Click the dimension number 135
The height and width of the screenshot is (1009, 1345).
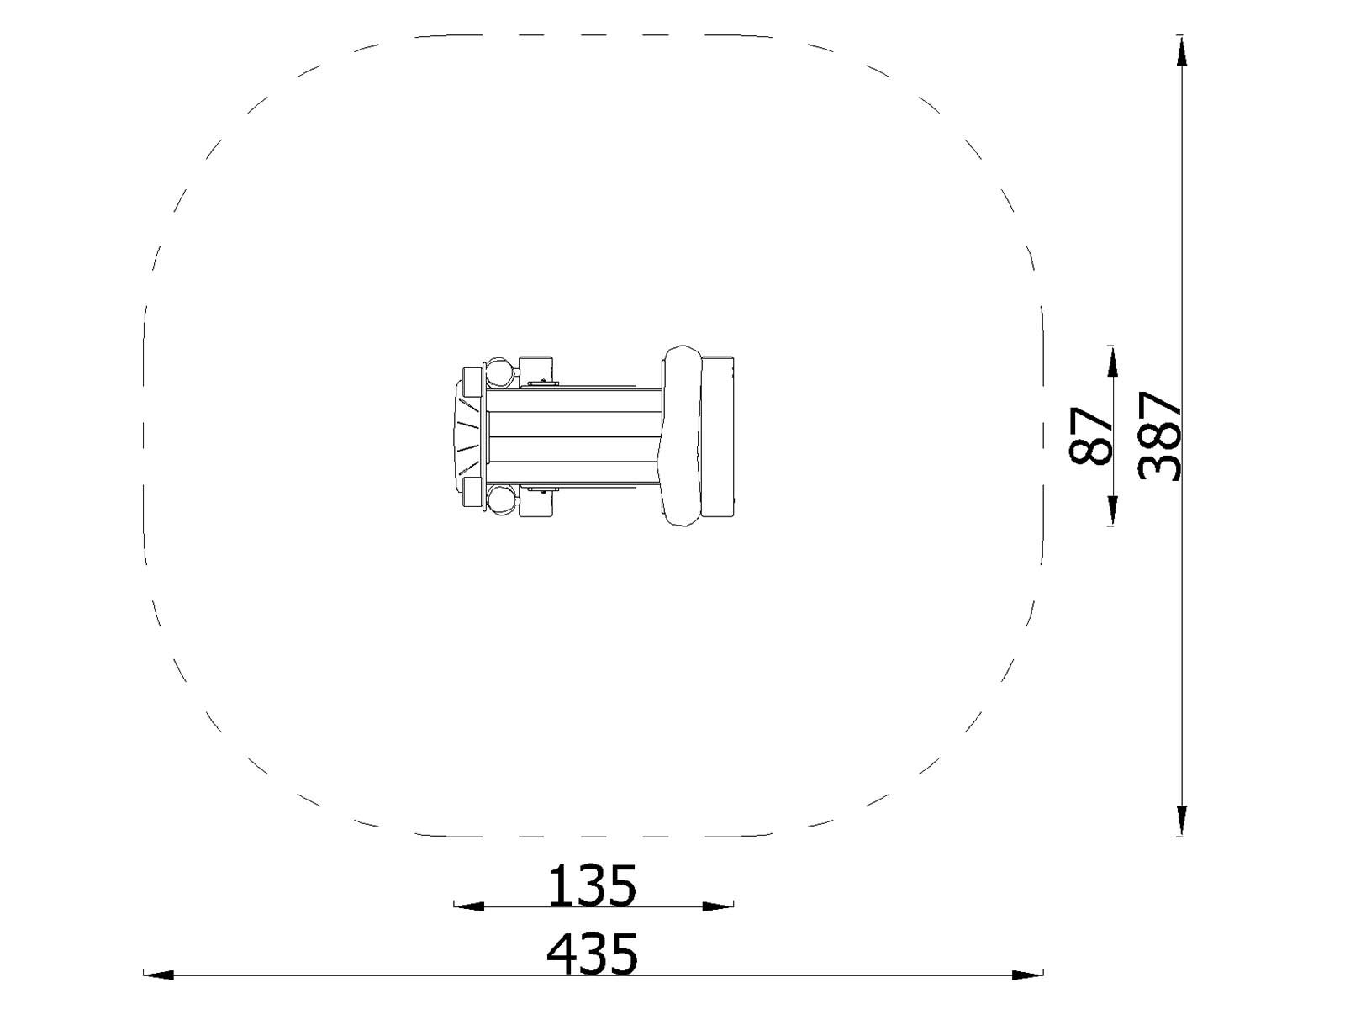[x=593, y=885]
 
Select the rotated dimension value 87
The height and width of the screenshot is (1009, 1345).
[x=1091, y=436]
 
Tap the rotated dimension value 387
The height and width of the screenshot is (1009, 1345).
[x=1160, y=436]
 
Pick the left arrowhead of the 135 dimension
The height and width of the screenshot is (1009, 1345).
[x=469, y=906]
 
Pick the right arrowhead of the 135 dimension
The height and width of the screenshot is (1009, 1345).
[x=717, y=906]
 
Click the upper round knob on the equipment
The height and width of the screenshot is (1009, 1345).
[x=500, y=371]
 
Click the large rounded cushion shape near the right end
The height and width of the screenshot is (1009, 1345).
[x=682, y=436]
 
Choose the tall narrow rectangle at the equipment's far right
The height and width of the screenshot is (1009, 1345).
[x=719, y=436]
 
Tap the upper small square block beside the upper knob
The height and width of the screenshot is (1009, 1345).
[x=537, y=369]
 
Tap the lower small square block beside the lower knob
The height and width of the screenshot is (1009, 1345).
[x=537, y=503]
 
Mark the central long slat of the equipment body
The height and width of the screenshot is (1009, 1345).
[x=572, y=436]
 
